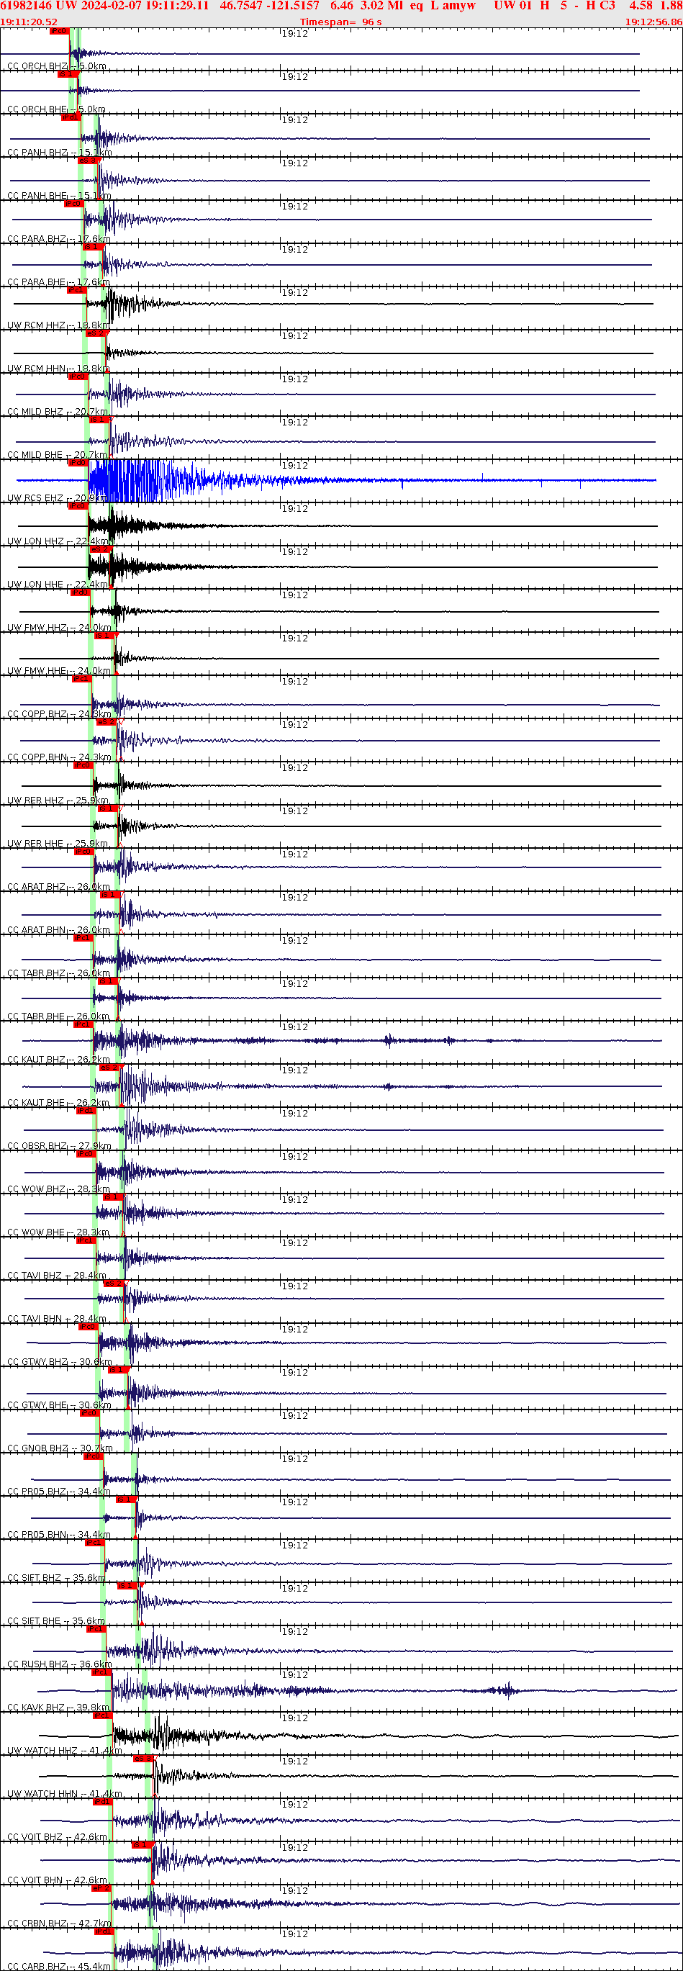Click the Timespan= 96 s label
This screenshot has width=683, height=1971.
pyautogui.click(x=340, y=22)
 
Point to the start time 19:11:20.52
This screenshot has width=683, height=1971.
pyautogui.click(x=29, y=22)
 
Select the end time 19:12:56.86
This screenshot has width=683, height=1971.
pyautogui.click(x=653, y=22)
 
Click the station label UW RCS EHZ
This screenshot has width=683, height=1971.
pyautogui.click(x=35, y=498)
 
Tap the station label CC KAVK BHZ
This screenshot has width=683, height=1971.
pyautogui.click(x=37, y=1707)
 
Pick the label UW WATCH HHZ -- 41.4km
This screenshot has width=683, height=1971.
pyautogui.click(x=64, y=1750)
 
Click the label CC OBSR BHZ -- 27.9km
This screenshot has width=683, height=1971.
pyautogui.click(x=59, y=1145)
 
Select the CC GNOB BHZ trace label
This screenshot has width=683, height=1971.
pyautogui.click(x=38, y=1448)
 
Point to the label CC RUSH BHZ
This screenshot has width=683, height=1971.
pyautogui.click(x=37, y=1664)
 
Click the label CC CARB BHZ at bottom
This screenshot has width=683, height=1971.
pyautogui.click(x=37, y=1966)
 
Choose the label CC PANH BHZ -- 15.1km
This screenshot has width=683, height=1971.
pyautogui.click(x=59, y=153)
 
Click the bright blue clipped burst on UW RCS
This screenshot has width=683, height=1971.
pyautogui.click(x=122, y=480)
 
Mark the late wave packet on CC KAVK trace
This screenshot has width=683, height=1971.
pyautogui.click(x=505, y=1690)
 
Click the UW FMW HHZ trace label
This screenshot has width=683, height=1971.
pyautogui.click(x=37, y=628)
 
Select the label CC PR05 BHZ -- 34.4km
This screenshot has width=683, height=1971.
pyautogui.click(x=58, y=1492)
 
